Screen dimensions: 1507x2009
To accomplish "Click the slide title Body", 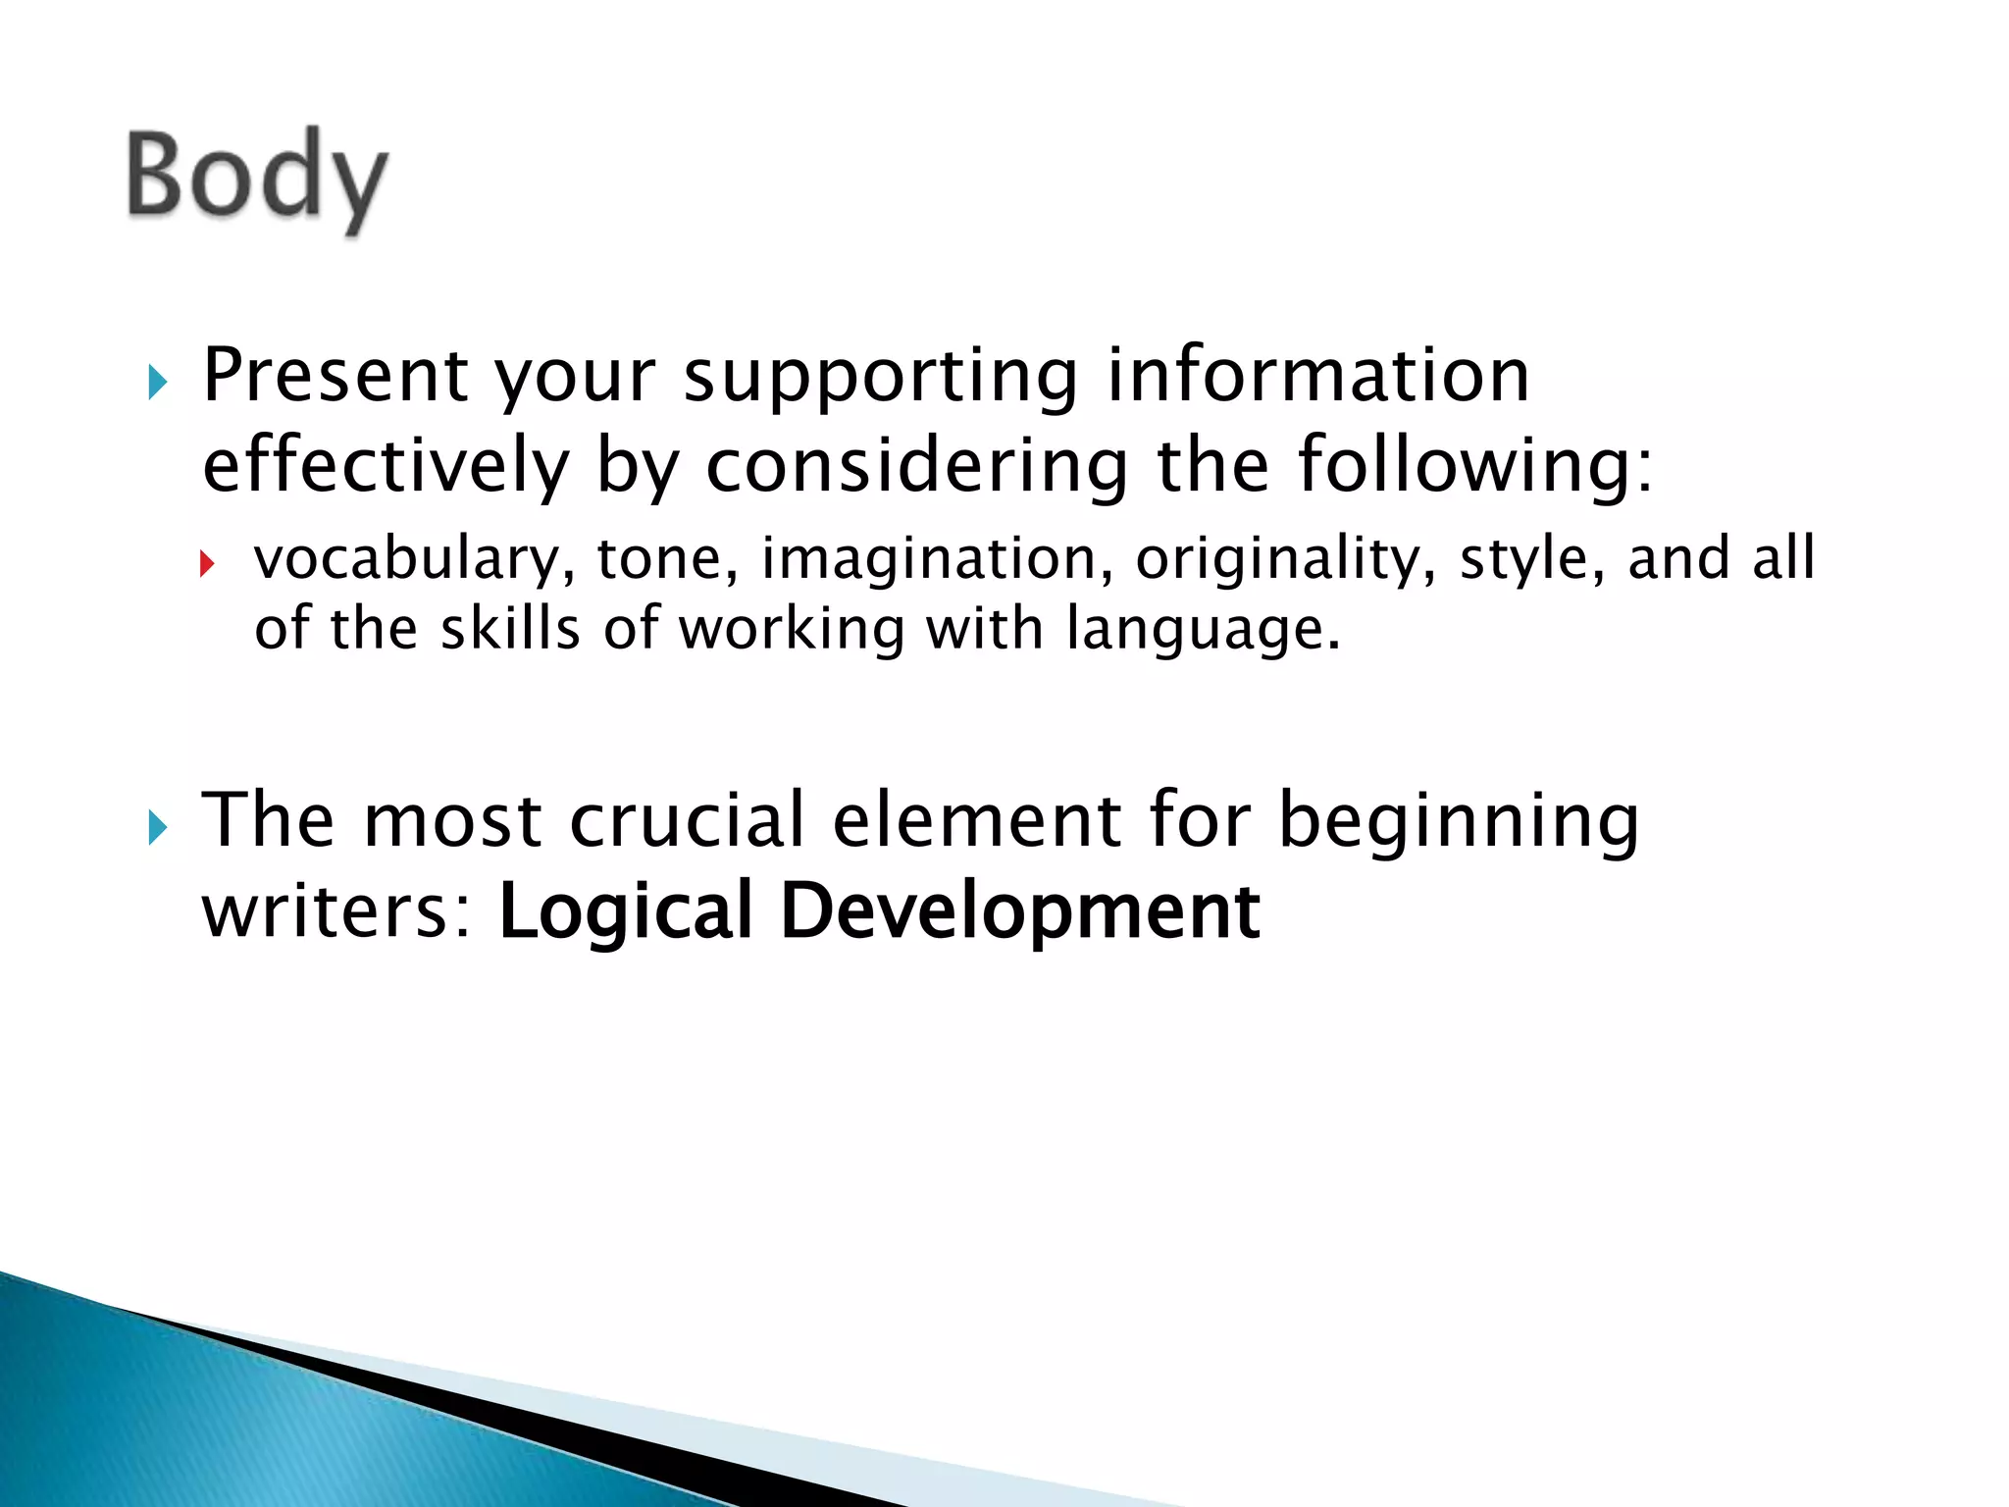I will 257,177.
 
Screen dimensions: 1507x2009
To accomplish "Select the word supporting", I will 880,378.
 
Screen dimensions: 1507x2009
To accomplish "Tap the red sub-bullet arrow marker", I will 206,563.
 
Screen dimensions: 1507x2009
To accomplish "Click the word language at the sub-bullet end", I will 1202,630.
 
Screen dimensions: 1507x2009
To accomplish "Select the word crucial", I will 687,819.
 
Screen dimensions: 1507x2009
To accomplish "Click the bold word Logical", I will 625,912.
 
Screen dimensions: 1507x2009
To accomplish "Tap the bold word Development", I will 1019,912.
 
